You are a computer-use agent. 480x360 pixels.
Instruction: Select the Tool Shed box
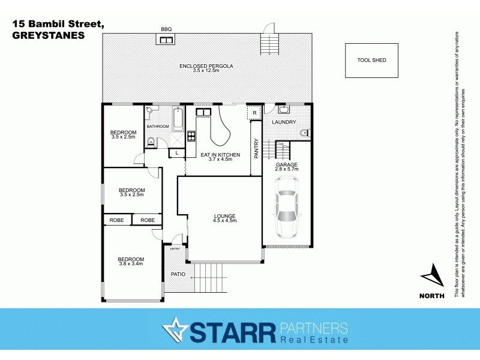point(371,60)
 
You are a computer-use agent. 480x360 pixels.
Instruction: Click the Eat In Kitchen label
point(220,155)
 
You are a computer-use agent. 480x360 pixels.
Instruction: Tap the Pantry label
point(256,149)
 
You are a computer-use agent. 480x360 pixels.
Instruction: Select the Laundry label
point(284,122)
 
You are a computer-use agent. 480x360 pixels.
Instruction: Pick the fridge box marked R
point(254,113)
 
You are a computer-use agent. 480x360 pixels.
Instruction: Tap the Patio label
point(178,275)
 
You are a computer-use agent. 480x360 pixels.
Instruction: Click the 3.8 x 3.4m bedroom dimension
point(131,264)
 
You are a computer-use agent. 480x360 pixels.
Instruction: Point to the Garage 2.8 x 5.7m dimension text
point(287,170)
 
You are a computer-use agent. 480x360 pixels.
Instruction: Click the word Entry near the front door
point(175,248)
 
